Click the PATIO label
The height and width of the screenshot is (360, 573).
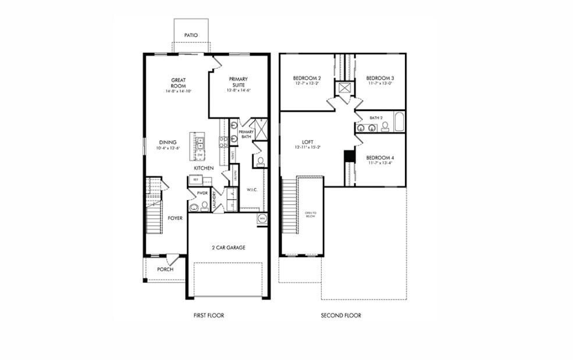point(191,35)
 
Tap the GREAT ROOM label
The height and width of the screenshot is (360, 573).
point(178,83)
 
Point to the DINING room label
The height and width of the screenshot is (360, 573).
point(168,142)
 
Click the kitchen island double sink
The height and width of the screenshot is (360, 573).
point(199,140)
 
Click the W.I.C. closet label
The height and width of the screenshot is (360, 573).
point(251,188)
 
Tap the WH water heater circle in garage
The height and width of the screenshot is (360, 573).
point(262,219)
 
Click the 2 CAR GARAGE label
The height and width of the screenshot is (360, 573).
point(228,248)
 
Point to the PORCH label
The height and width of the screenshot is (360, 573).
point(165,269)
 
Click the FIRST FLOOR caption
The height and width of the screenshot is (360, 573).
point(209,315)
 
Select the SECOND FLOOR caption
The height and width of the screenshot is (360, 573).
point(341,315)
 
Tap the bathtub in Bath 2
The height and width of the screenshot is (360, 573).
point(400,123)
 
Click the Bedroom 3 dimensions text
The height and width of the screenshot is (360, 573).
point(380,83)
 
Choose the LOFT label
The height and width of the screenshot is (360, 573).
point(308,142)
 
